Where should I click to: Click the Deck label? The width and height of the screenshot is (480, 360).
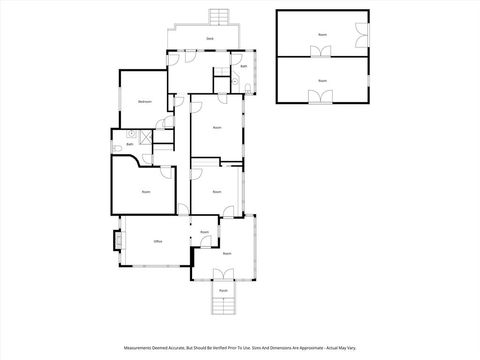coord(210,38)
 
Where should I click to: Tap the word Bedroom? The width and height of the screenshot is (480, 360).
coord(144,103)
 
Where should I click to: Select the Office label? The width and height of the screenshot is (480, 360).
coord(157,242)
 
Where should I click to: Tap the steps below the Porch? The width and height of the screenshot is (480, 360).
coord(223,306)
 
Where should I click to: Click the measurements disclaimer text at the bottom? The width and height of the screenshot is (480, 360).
coord(240,349)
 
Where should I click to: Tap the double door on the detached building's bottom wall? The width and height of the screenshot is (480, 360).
coord(321,97)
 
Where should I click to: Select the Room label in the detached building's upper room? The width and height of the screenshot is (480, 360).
coord(322,35)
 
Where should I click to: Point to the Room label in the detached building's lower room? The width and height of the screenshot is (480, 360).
coord(322,80)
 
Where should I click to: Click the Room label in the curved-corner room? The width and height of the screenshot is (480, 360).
coord(146,191)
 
